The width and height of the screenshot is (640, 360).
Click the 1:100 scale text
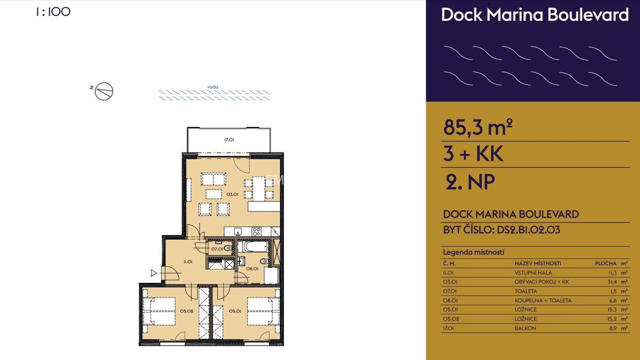point(53,11)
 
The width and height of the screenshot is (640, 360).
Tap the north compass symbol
point(103,91)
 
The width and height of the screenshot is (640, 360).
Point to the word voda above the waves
point(212,87)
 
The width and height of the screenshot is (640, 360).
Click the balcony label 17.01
point(229,139)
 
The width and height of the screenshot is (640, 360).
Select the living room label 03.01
point(232,194)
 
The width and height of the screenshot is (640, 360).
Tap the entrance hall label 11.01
point(187,261)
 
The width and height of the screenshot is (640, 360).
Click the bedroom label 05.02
point(186,311)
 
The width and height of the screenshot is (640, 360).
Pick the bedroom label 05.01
point(235,311)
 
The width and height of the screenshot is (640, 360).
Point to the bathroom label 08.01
point(252,268)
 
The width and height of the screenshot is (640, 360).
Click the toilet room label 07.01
point(217,249)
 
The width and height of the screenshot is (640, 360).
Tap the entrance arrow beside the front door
point(153,273)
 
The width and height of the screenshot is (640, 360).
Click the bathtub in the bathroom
point(253,246)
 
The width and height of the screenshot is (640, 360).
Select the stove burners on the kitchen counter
point(256,231)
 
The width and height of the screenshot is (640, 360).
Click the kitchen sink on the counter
point(237,231)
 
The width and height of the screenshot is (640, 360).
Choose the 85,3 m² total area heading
point(477,127)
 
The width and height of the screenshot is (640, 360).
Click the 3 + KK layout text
point(473,153)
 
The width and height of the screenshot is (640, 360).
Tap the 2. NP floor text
point(470,181)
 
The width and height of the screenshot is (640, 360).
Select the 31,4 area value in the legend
point(612,281)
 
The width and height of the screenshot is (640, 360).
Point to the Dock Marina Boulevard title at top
point(535,14)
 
